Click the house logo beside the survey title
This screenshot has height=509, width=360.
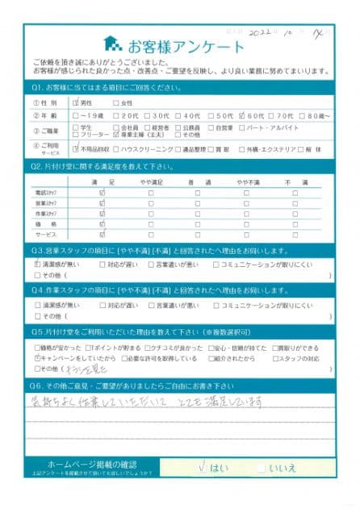click(113, 44)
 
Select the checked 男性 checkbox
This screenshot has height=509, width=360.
click(76, 102)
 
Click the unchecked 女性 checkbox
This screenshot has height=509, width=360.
click(116, 102)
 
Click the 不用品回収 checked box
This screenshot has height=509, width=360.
click(76, 148)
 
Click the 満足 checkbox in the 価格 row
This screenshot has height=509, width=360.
click(102, 223)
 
